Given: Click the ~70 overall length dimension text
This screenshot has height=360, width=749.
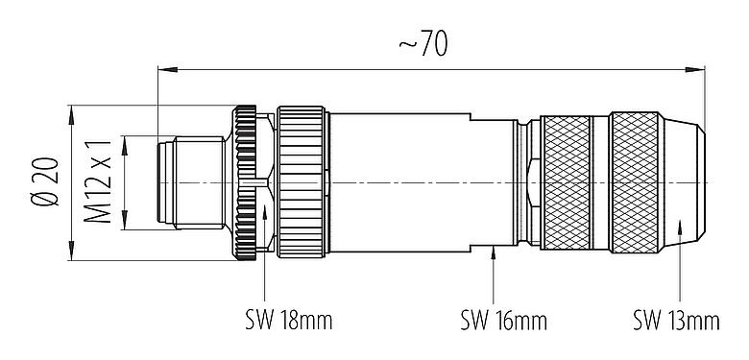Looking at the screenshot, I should pyautogui.click(x=423, y=45).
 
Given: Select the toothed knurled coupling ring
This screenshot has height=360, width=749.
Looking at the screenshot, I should pyautogui.click(x=248, y=182).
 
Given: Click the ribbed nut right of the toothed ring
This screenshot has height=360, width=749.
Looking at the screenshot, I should pyautogui.click(x=302, y=182).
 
